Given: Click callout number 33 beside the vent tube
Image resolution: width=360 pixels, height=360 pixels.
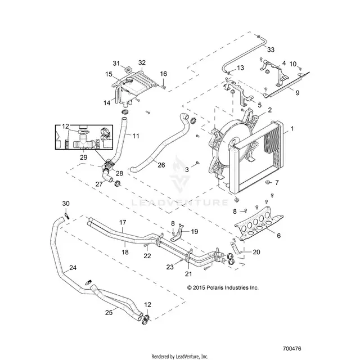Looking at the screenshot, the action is tap(271, 49).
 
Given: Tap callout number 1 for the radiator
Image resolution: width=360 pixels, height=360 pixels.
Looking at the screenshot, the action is tap(292, 129).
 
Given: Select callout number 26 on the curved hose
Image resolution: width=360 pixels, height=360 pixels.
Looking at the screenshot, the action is tap(161, 165).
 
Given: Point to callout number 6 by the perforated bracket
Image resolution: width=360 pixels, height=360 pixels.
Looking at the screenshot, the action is tap(279, 235).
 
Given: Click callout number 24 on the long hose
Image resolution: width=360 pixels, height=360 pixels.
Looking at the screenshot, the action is tap(73, 268).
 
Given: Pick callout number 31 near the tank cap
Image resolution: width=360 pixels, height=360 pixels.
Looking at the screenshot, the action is tap(116, 63).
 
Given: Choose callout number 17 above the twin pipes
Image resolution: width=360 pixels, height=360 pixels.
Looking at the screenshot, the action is tap(123, 222).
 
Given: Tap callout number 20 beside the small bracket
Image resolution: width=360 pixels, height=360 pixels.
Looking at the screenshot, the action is tap(256, 252).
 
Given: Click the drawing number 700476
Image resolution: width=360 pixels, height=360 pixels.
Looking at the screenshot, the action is tap(292, 349).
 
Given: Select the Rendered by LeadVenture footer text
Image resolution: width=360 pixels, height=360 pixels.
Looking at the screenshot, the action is tap(180, 357).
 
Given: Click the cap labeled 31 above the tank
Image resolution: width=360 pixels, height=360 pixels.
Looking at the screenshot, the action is tap(127, 69).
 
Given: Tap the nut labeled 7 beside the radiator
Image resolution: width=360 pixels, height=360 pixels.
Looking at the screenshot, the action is tap(267, 182).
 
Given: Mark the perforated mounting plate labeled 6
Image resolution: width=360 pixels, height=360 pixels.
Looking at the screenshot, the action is tap(259, 224).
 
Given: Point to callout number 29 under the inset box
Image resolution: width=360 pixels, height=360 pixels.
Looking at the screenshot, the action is tap(84, 157).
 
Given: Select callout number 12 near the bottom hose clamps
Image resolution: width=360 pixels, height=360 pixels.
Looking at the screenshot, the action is tap(147, 305).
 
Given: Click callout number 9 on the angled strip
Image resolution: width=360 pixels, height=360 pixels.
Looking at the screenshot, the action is tap(298, 93).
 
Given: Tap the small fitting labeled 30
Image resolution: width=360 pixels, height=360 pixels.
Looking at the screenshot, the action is tap(67, 216).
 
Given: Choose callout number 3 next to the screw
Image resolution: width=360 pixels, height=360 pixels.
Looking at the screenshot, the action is tap(187, 170).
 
